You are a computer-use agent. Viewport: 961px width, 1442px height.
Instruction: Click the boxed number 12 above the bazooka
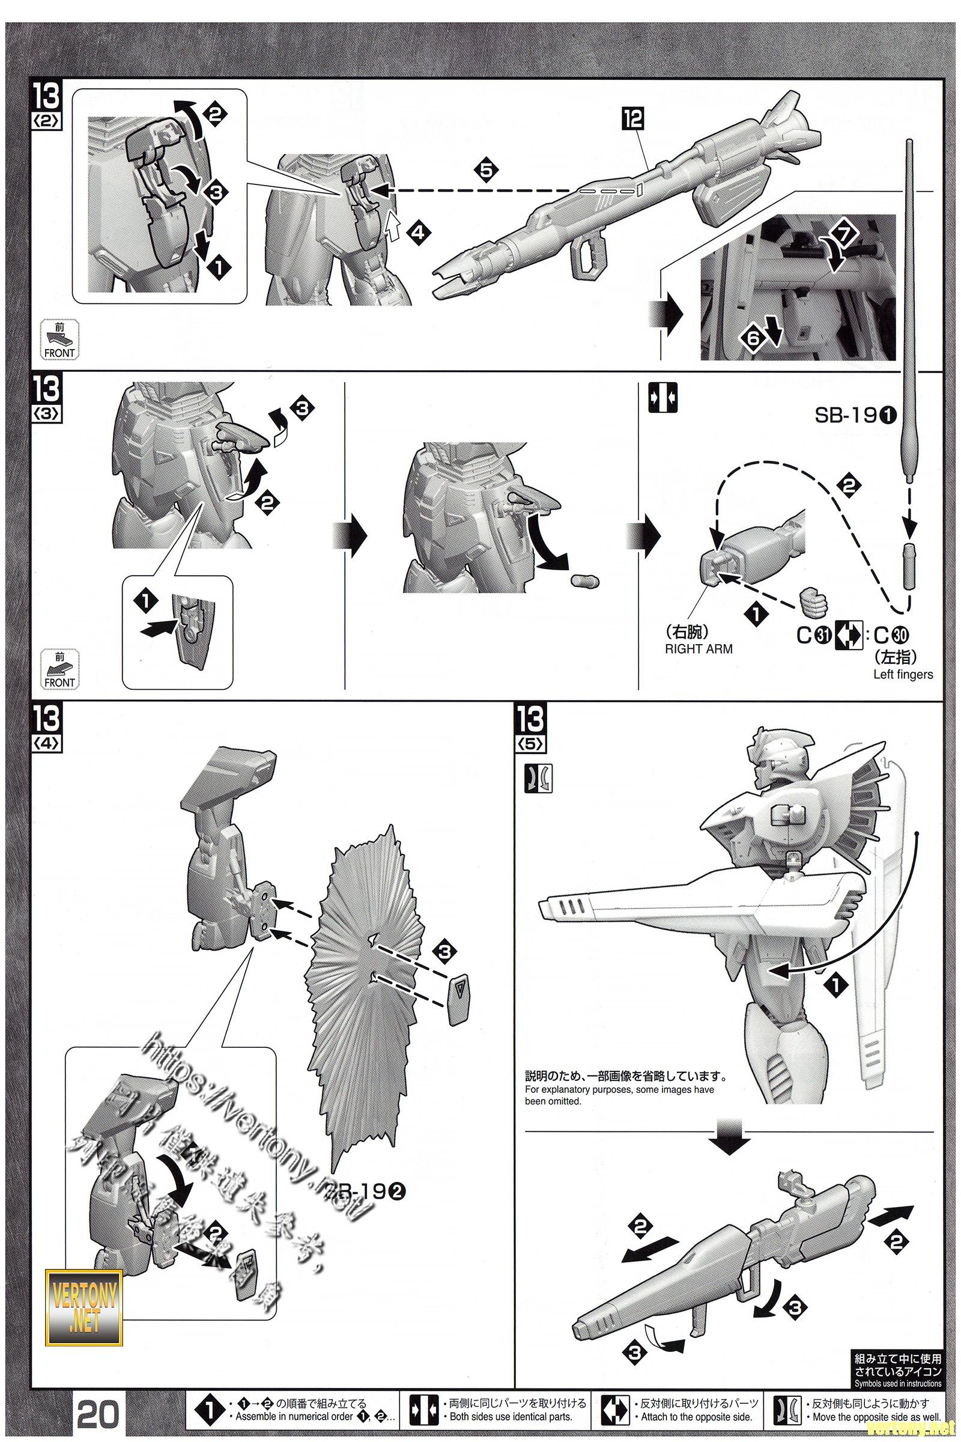[633, 118]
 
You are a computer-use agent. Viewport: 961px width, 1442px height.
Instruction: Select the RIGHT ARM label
[698, 649]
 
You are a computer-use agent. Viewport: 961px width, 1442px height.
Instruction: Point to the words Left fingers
[903, 674]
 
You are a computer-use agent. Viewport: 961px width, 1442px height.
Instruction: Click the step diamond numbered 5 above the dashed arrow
[486, 171]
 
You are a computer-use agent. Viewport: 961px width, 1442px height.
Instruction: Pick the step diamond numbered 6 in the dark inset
[753, 337]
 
